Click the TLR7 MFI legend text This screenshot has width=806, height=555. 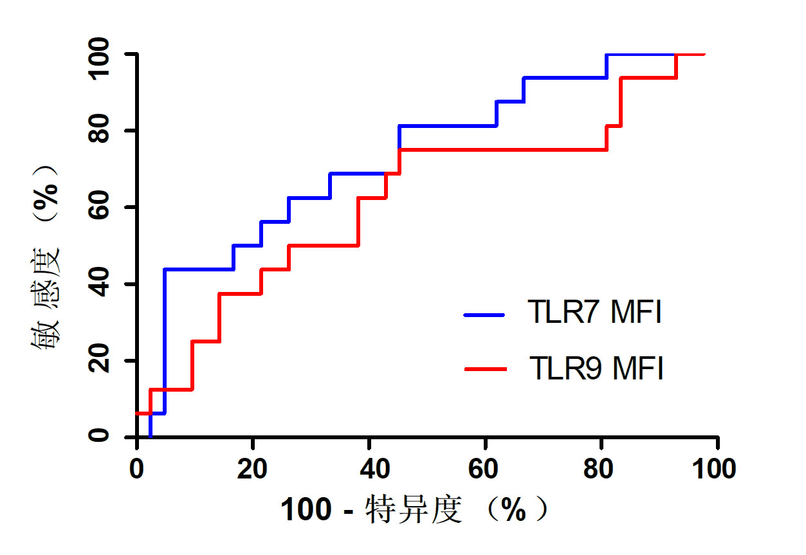pos(594,314)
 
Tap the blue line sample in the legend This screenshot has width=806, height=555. pos(484,314)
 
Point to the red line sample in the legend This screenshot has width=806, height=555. pos(484,369)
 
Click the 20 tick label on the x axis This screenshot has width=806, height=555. pos(253,469)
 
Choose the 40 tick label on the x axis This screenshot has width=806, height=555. pos(369,469)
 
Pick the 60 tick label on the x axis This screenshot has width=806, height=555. pos(485,469)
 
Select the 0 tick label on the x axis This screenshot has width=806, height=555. pos(136,469)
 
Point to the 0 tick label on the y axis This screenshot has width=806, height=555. pos(100,437)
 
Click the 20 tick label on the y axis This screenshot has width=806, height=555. pos(100,360)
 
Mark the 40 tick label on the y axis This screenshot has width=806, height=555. pos(100,284)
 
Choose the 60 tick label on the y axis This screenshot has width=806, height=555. pos(100,207)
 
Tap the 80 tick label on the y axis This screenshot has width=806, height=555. pos(100,131)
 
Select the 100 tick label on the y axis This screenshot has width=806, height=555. pos(100,55)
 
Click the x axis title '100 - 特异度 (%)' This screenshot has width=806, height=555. pos(416,511)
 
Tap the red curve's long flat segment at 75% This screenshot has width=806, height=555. pos(502,149)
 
